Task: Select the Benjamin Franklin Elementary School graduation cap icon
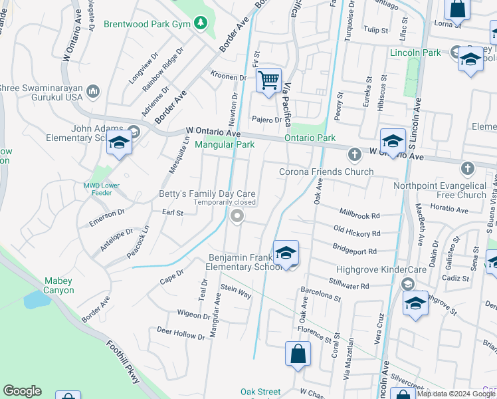pyautogui.click(x=286, y=253)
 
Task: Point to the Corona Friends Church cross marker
pyautogui.click(x=354, y=155)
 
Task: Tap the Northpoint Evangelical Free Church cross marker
pyautogui.click(x=468, y=168)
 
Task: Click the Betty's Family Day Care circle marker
pyautogui.click(x=237, y=215)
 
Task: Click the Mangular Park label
pyautogui.click(x=225, y=144)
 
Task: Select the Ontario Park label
pyautogui.click(x=310, y=138)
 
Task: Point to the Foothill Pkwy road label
pyautogui.click(x=124, y=362)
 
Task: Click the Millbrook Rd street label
pyautogui.click(x=359, y=215)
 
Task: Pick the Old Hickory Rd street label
pyautogui.click(x=357, y=233)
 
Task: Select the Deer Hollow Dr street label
pyautogui.click(x=181, y=332)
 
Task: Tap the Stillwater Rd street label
pyautogui.click(x=348, y=285)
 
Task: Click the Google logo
pyautogui.click(x=22, y=391)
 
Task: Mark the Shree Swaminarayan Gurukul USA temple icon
pyautogui.click(x=93, y=90)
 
